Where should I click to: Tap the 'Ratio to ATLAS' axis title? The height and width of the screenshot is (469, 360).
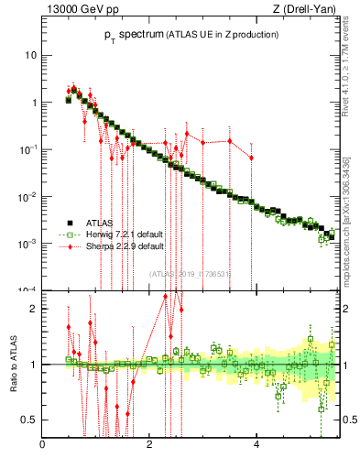click(12, 365)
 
